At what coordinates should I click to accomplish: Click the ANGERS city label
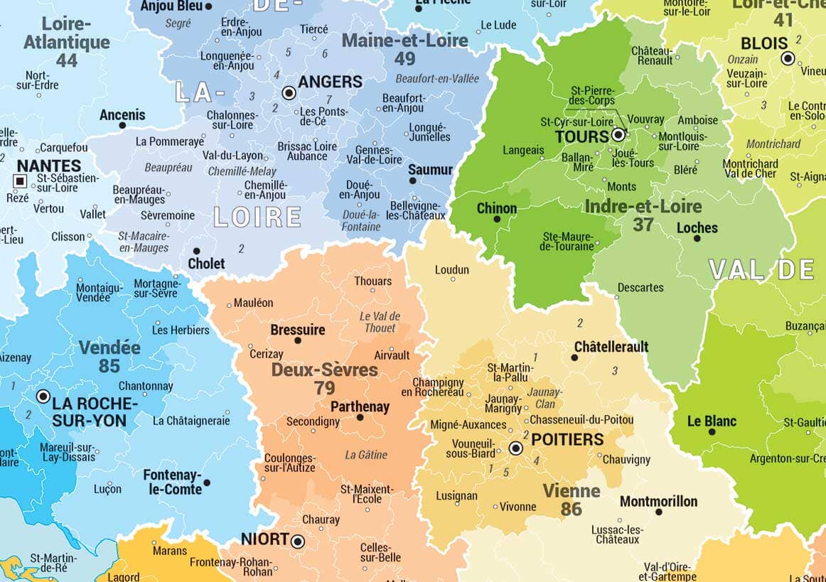pos(330,82)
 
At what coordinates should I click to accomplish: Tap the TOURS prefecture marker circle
pos(618,134)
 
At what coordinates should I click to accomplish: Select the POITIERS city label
pos(567,439)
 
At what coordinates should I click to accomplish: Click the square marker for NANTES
pos(19,181)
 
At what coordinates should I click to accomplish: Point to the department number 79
pos(324,388)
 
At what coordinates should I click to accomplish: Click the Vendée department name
pos(109,348)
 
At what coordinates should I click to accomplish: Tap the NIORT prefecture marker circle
pos(298,541)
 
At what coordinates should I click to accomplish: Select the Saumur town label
pos(430,170)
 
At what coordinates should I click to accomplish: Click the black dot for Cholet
pos(196,251)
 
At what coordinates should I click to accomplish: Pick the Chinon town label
pos(496,209)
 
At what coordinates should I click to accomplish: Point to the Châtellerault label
pos(611,347)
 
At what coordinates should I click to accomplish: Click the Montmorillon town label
pos(658,502)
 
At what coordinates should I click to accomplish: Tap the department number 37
pos(643,225)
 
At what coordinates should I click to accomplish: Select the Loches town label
pos(697,228)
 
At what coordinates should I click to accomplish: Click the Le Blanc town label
pos(712,421)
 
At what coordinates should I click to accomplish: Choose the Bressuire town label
pos(297,330)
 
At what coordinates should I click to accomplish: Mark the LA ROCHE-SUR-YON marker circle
pos(43,397)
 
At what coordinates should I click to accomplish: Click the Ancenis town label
pos(122,114)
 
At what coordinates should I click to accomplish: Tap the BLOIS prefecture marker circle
pos(788,59)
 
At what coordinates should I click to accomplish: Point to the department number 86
pos(571,509)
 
